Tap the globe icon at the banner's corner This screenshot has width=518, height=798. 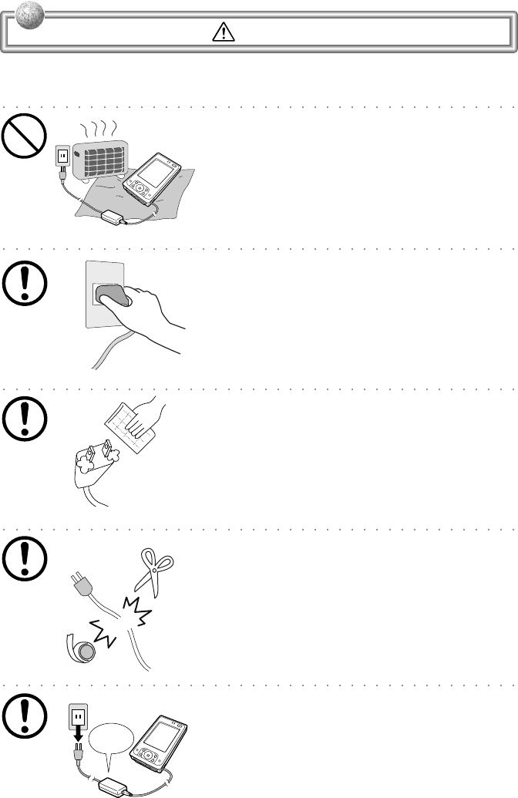(16, 15)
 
